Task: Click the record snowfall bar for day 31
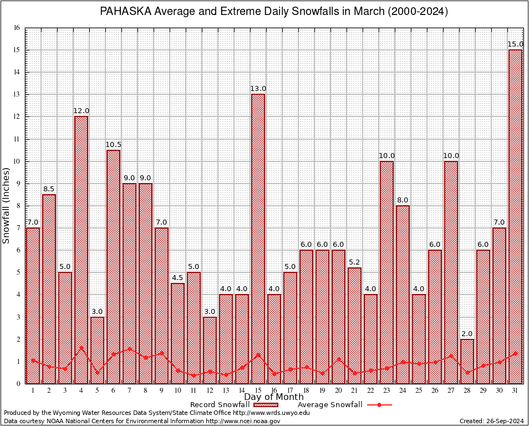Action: point(515,216)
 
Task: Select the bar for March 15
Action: point(258,239)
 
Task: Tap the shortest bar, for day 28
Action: point(467,361)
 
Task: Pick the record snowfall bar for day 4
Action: point(81,250)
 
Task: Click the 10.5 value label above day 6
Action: point(113,145)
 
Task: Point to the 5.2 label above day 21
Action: point(354,262)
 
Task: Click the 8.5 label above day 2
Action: point(49,189)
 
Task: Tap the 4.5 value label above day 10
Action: point(177,278)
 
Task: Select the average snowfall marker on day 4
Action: point(81,348)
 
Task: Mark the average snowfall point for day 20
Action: point(338,359)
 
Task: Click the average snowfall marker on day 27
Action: point(451,356)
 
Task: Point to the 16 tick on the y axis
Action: point(17,28)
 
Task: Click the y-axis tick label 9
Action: point(18,184)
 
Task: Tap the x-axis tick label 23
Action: point(386,390)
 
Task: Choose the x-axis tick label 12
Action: point(210,390)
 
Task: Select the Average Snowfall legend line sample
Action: point(379,405)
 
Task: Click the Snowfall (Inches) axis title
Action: point(6,206)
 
